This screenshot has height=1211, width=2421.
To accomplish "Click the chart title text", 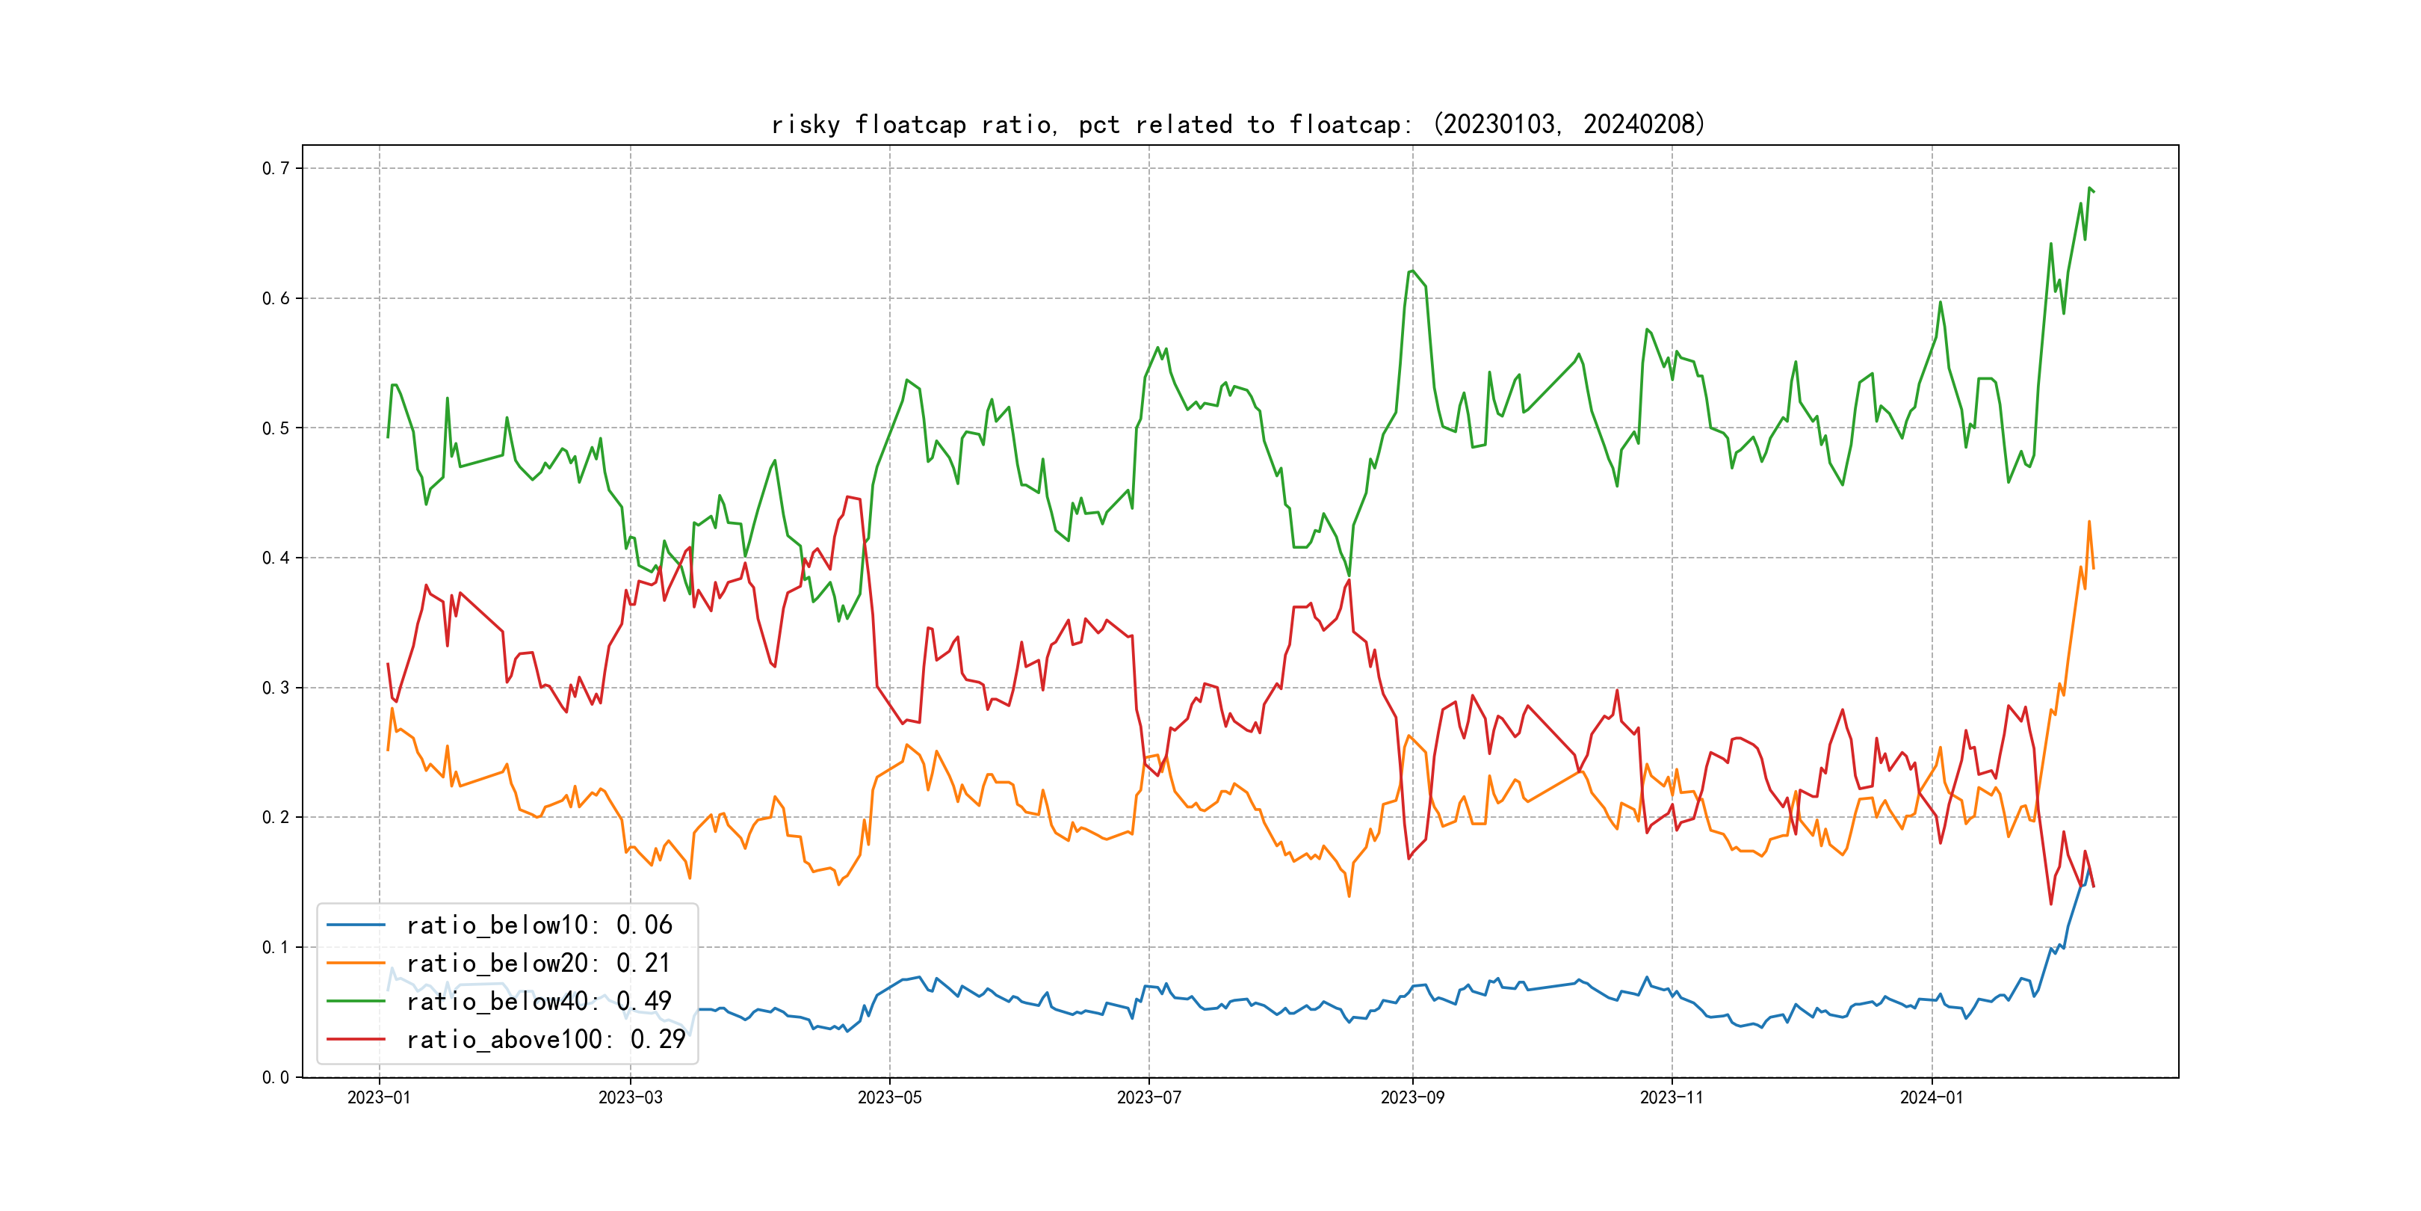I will [x=1237, y=124].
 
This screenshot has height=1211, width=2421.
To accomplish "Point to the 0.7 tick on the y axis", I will [x=276, y=168].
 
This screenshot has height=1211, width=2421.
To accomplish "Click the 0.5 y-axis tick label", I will [x=276, y=428].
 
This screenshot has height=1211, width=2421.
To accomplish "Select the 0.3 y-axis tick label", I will [x=276, y=687].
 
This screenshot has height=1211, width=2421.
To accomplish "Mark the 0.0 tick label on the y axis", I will [x=276, y=1076].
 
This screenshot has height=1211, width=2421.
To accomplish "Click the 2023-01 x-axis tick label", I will [x=379, y=1097].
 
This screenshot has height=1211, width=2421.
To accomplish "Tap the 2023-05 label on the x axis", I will [x=889, y=1097].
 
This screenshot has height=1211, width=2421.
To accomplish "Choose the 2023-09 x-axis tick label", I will [x=1412, y=1097].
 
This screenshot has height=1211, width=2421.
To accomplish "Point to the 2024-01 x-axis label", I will [x=1932, y=1097].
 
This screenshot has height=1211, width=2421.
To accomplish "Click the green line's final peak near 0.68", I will [x=2089, y=188].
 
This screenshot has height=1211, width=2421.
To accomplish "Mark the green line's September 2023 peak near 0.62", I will [x=1412, y=271].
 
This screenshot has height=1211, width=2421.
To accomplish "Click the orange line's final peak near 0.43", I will [x=2089, y=522].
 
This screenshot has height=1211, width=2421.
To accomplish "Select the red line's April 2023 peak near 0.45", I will [x=849, y=496].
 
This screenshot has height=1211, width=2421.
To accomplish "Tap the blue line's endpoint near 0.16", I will [x=2089, y=869].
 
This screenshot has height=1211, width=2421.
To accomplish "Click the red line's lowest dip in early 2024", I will [x=2050, y=904].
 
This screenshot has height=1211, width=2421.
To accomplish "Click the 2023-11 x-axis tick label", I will [x=1671, y=1097].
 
